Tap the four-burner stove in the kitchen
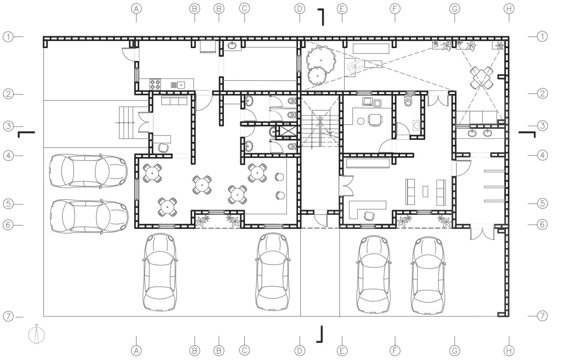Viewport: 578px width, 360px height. point(155,84)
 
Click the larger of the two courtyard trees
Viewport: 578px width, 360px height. point(321,57)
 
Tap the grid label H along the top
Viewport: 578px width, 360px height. point(509,8)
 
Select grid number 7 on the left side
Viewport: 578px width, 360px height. point(8,316)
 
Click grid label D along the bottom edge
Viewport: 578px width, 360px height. point(300,350)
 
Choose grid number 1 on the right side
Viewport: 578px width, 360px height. point(542,36)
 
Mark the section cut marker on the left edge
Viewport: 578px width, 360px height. point(26,133)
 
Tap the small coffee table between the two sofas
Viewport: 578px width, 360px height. point(425,191)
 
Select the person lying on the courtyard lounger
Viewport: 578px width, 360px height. point(354,67)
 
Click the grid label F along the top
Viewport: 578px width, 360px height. point(395,8)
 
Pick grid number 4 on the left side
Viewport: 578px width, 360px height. point(8,155)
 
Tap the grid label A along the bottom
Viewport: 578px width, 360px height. point(136,350)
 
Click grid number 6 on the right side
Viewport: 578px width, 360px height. point(542,224)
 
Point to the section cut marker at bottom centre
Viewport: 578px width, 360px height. point(320,334)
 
